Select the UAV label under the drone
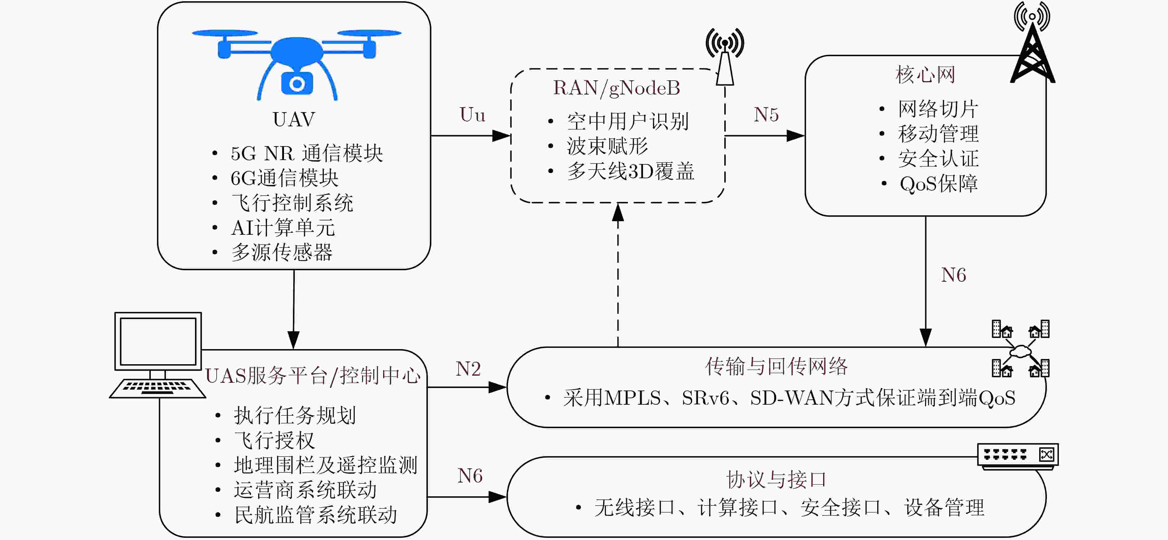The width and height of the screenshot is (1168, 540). tap(294, 120)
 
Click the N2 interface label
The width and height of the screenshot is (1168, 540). tap(468, 369)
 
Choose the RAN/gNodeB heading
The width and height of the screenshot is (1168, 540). tap(617, 88)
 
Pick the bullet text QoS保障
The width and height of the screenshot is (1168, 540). tap(939, 184)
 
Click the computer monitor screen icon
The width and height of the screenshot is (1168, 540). tap(158, 341)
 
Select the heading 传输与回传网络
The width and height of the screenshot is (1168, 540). tap(776, 366)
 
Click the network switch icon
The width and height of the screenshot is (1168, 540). tap(1018, 455)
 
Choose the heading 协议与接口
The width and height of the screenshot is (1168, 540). tap(776, 480)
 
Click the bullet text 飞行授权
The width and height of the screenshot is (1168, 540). tap(274, 440)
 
